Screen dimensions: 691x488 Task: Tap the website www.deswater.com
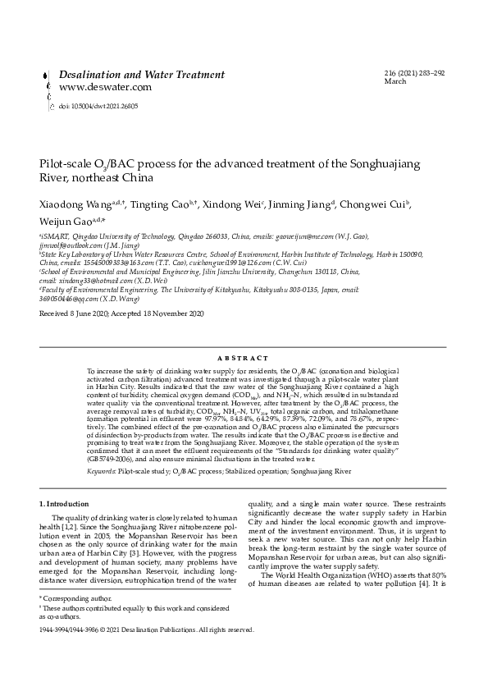point(105,87)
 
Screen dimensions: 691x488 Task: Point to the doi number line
point(98,106)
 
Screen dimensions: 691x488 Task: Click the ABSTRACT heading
point(244,359)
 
